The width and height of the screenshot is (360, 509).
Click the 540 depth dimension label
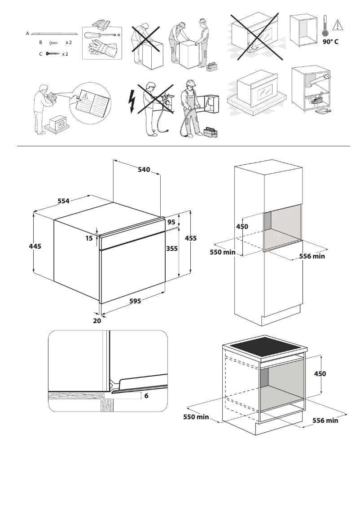click(x=144, y=170)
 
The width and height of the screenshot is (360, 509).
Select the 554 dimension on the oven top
click(x=63, y=201)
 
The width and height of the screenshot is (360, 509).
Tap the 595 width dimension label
click(x=135, y=301)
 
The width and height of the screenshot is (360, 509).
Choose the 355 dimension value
click(x=172, y=249)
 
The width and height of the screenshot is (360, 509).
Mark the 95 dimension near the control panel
click(x=171, y=222)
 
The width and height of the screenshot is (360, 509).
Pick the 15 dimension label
click(x=89, y=238)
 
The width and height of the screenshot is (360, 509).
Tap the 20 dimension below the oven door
click(x=97, y=321)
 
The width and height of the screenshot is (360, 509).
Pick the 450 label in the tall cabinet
click(x=242, y=227)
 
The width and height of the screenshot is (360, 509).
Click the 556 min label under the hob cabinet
click(x=325, y=421)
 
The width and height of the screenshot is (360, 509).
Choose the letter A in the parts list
click(x=27, y=33)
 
